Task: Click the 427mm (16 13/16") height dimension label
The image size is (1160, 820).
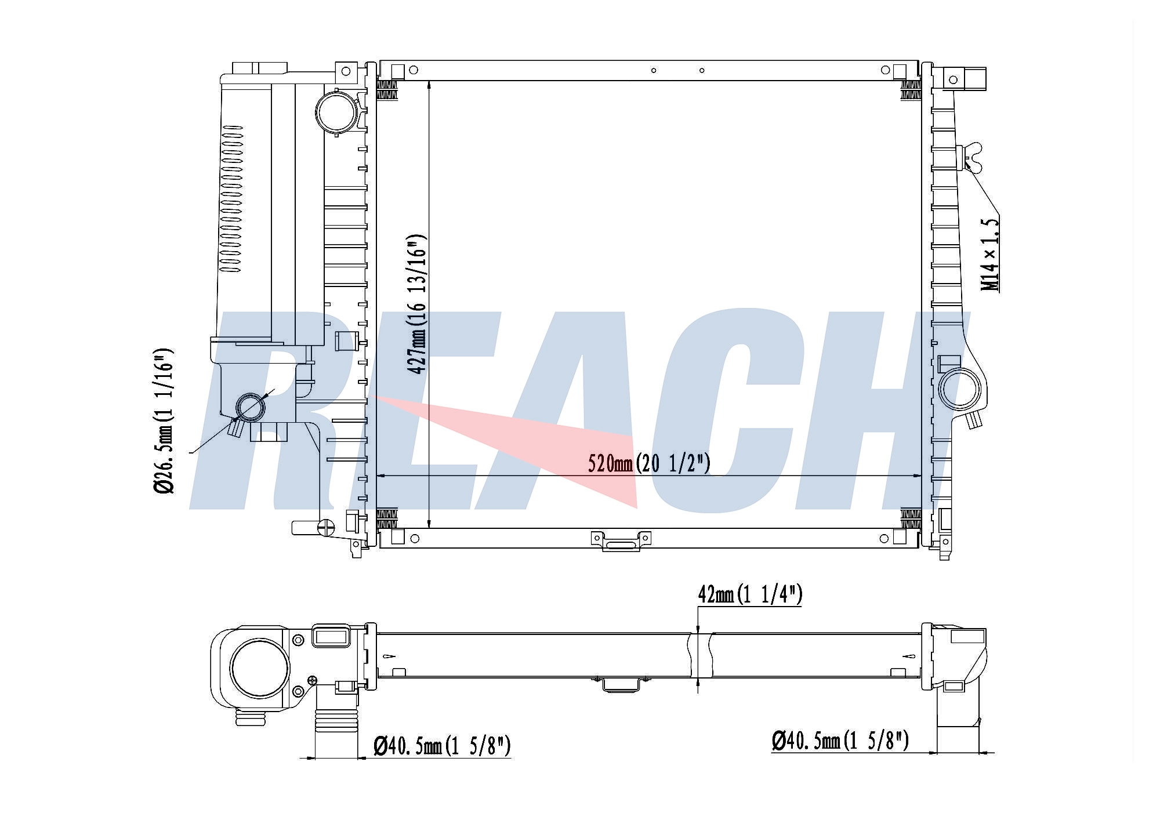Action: click(x=417, y=304)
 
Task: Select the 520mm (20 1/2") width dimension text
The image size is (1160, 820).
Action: click(x=649, y=463)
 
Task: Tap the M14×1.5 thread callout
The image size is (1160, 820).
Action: click(x=990, y=255)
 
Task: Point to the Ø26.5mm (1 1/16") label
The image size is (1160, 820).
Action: click(x=164, y=422)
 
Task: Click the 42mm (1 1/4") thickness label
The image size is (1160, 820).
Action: click(x=749, y=594)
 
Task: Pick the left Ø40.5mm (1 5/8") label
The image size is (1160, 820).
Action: click(x=442, y=745)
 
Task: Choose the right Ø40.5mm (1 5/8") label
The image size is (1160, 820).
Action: click(x=840, y=740)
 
